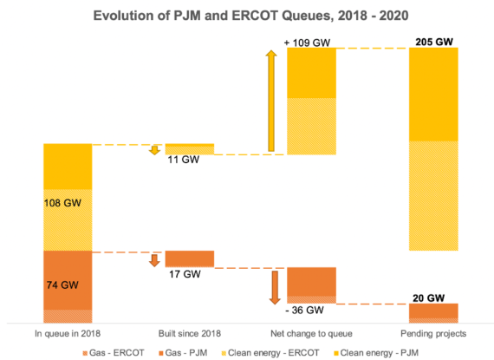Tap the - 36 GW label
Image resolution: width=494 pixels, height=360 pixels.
(307, 310)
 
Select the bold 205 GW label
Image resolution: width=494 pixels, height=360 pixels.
(432, 40)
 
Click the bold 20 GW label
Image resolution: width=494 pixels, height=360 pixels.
(432, 295)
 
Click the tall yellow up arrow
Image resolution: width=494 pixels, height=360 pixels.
(271, 101)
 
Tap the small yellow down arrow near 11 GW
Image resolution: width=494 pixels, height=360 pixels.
(155, 150)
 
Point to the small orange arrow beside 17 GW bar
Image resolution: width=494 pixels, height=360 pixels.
(155, 260)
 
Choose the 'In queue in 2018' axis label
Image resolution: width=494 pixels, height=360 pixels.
(68, 333)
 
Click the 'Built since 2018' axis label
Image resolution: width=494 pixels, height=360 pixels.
(189, 333)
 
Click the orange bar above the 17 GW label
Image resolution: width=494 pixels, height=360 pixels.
(189, 259)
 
